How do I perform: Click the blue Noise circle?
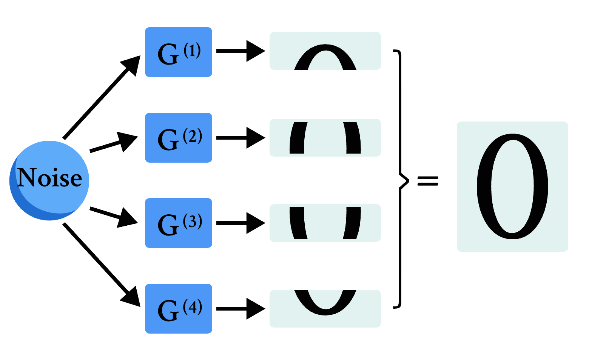tap(49, 180)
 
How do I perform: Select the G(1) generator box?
tap(179, 52)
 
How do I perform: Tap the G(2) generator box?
tap(179, 138)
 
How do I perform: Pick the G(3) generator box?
tap(179, 223)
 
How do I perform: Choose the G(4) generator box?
tap(179, 309)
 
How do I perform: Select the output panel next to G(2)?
tap(325, 138)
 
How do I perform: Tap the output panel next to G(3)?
tap(325, 223)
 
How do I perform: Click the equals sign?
tap(428, 181)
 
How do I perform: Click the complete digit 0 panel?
tap(512, 186)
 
